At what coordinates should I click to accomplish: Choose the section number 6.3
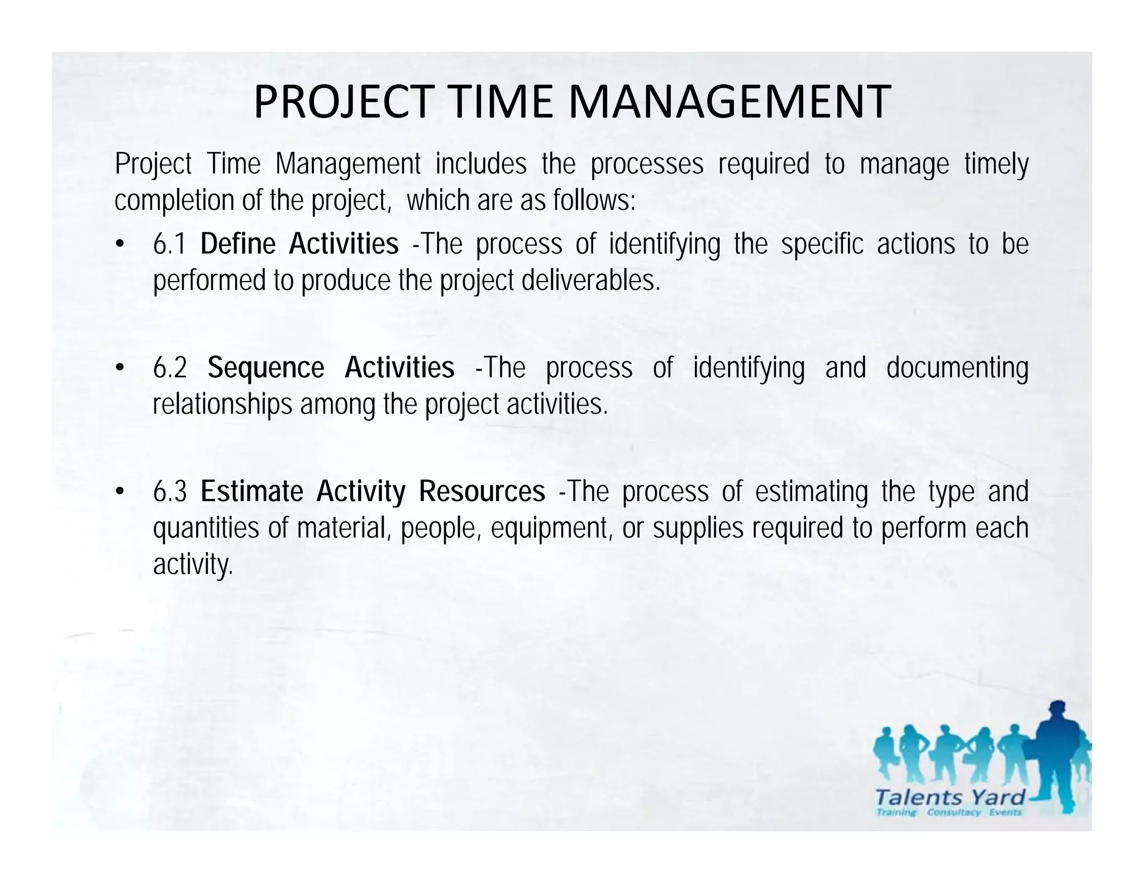[170, 492]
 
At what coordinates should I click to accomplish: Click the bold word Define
[238, 244]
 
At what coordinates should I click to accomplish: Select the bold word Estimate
[252, 492]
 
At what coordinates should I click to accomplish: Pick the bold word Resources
[482, 492]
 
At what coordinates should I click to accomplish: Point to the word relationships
[222, 404]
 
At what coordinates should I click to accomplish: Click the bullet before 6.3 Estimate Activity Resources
[119, 492]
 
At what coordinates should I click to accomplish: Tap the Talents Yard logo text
[950, 797]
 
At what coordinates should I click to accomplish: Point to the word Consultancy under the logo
[954, 812]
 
